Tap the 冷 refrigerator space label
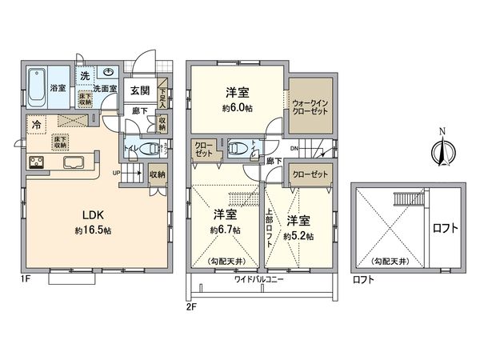[x=37, y=126]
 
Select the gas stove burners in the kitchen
[x=38, y=164]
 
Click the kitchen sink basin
[x=71, y=164]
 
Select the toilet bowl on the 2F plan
[x=238, y=149]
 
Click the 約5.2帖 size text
[x=299, y=237]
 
